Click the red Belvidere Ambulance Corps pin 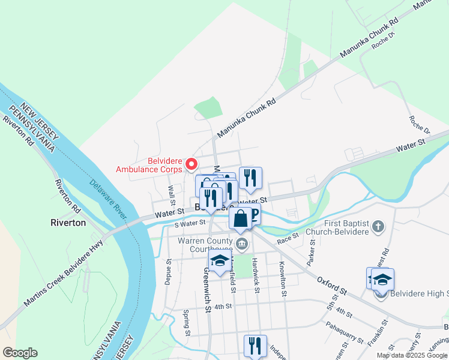coord(191,164)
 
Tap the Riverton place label coord(68,223)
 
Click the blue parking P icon coord(254,215)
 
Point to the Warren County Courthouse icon coord(242,243)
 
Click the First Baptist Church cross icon coord(378,227)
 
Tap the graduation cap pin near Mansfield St coord(219,262)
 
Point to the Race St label coord(288,239)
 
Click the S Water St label coord(190,224)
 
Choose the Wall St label coord(172,194)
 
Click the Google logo coord(20,353)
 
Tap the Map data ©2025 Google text coord(411,355)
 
